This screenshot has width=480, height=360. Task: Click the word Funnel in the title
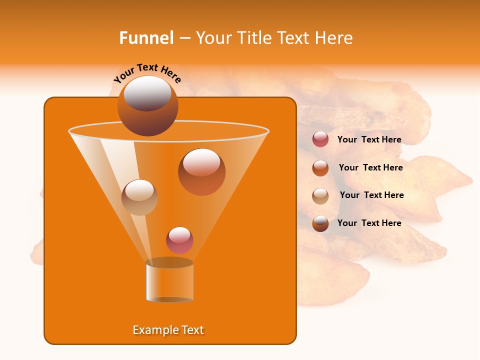146,38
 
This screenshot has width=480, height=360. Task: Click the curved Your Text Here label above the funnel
147,73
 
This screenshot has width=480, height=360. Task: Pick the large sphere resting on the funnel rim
147,106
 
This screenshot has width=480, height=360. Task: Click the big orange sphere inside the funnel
201,171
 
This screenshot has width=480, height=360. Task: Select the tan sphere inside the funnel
139,197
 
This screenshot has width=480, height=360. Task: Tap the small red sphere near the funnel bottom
179,240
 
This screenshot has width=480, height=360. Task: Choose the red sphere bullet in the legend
320,139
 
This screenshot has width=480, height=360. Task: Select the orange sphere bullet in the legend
320,168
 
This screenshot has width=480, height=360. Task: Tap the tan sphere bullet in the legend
320,196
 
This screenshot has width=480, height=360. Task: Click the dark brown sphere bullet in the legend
320,223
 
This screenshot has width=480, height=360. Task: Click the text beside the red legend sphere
369,139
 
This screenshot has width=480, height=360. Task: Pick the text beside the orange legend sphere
370,167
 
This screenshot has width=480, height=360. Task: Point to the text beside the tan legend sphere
371,195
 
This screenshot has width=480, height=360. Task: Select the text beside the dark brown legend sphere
369,223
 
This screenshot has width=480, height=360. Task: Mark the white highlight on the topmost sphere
147,93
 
